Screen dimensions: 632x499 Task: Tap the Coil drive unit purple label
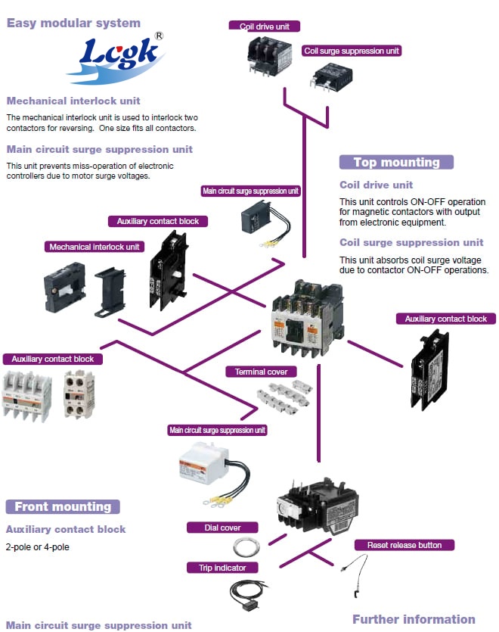(x=265, y=26)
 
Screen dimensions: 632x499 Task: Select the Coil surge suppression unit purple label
(x=352, y=51)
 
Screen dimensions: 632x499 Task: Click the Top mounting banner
(x=396, y=162)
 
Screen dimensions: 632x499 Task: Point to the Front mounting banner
(x=63, y=506)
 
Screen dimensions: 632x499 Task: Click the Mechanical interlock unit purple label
(x=95, y=247)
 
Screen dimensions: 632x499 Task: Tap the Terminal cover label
(x=261, y=372)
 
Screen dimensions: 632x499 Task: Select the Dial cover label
(x=223, y=528)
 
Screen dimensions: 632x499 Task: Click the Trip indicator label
(x=223, y=567)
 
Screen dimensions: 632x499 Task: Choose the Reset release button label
(x=404, y=545)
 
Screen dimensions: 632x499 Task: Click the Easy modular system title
(x=73, y=23)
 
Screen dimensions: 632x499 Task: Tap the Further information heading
(x=414, y=618)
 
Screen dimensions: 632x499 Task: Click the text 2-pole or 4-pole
(x=37, y=546)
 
